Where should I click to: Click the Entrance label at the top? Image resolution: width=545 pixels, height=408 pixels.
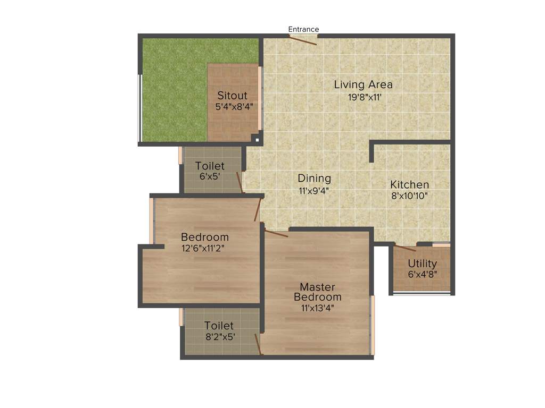coord(303,29)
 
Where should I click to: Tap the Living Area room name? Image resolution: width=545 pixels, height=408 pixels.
coord(363,84)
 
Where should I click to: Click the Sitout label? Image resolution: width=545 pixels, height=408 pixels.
coord(232,96)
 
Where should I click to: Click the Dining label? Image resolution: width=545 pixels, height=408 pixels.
coord(314,178)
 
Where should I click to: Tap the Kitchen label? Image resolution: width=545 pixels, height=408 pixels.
coord(409,184)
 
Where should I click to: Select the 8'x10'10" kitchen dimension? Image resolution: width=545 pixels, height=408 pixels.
coord(409,195)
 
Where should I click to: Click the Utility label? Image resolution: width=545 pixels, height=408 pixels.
coord(422,263)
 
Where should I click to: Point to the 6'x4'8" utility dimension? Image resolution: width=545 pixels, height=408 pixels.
coord(422,275)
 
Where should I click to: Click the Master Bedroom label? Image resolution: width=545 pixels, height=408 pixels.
coord(317,292)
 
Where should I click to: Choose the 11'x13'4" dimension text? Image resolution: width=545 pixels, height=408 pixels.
coord(317,307)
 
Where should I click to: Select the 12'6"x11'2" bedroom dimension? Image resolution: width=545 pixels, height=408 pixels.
coord(204,248)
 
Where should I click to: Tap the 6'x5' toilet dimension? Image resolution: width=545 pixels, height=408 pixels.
coord(210,176)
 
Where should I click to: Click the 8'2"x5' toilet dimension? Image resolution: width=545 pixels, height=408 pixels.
coord(219,336)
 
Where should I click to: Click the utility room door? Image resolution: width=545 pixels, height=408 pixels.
coord(405,248)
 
